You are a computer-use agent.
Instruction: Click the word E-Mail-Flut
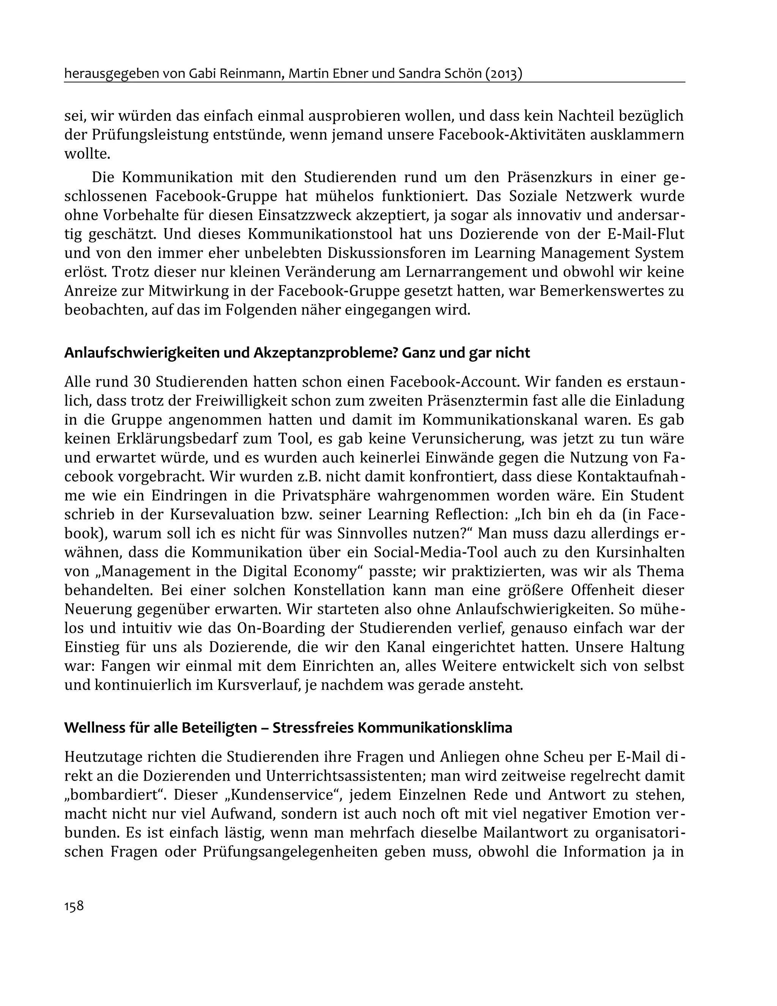[646, 235]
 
